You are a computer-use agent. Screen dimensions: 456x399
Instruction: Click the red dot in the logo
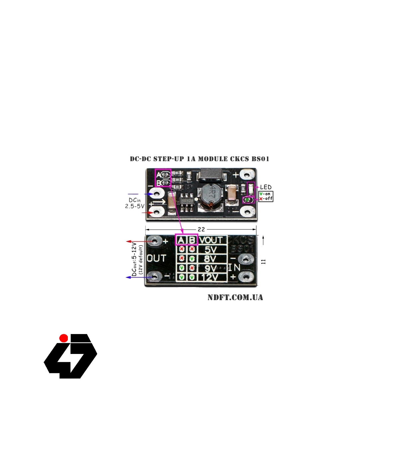[64, 338]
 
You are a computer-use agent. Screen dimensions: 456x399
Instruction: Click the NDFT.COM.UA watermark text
[235, 297]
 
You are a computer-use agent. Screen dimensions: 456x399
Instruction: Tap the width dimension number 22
[201, 229]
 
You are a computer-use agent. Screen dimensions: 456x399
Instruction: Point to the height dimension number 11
[264, 262]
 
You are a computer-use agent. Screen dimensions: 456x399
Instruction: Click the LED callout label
[266, 187]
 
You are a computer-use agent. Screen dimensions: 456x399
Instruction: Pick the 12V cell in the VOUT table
[209, 277]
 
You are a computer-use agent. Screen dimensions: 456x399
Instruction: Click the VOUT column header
[211, 240]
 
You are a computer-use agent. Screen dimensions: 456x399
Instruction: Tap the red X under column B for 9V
[192, 268]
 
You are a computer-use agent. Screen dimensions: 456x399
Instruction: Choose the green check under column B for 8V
[192, 258]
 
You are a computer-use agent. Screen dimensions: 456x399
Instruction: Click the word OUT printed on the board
[156, 258]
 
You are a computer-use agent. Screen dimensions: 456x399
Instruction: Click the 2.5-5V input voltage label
[135, 206]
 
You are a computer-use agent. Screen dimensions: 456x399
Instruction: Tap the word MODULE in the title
[213, 159]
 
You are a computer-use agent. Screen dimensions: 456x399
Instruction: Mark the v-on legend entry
[265, 194]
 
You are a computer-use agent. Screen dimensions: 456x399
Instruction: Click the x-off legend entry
[266, 199]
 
